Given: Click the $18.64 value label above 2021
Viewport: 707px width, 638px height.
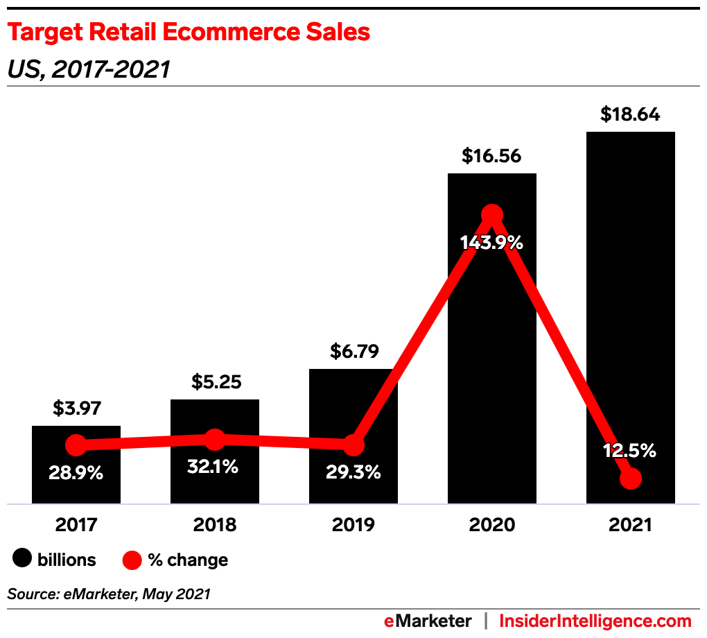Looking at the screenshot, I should click(x=630, y=114).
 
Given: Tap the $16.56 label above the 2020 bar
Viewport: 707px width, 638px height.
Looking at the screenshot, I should click(x=491, y=156).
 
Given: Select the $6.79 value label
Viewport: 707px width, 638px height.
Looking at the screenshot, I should click(x=353, y=352).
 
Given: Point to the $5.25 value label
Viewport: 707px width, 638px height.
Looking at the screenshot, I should click(x=215, y=382).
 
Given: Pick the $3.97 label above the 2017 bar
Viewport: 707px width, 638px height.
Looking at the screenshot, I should click(x=76, y=408).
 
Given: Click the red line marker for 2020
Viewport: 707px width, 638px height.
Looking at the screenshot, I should click(x=491, y=215).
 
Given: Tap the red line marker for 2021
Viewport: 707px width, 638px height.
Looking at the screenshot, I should click(x=630, y=478).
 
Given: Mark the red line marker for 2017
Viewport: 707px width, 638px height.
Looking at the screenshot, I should click(x=76, y=445).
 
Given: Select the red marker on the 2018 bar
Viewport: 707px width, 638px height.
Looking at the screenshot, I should click(x=215, y=439).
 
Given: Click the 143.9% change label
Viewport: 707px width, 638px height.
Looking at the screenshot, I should click(x=491, y=243).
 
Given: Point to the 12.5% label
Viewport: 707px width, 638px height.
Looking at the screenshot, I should click(x=629, y=451).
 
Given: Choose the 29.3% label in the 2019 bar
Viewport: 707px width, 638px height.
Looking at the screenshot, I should click(x=353, y=473).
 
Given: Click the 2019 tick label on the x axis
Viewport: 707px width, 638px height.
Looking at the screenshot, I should click(x=353, y=525).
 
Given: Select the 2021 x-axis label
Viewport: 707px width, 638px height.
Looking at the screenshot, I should click(x=630, y=525).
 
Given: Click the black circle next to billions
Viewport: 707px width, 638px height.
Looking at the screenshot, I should click(x=24, y=559).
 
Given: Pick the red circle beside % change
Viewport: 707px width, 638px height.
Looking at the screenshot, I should click(x=132, y=559).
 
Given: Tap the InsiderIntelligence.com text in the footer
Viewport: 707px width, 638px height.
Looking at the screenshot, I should click(x=595, y=621).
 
